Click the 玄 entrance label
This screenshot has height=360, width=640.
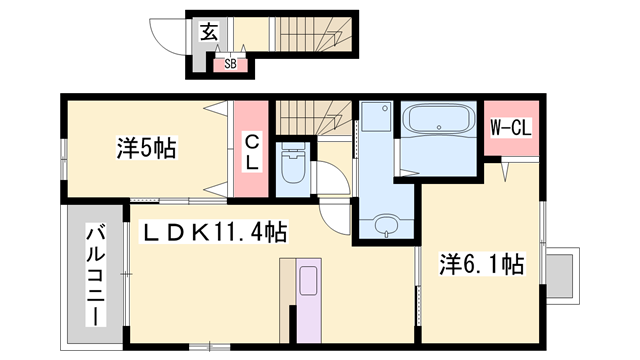tap(209, 32)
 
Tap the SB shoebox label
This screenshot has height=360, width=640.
tap(230, 64)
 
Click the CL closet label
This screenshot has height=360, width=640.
tap(252, 151)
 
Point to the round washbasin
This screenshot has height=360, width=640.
tap(385, 226)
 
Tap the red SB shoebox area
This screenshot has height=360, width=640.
tap(230, 65)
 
